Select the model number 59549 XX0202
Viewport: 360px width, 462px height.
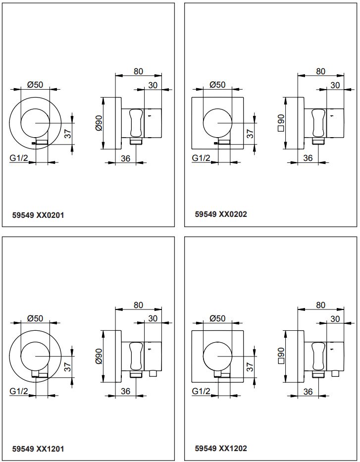[x=221, y=214]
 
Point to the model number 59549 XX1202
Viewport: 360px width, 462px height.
[x=221, y=448]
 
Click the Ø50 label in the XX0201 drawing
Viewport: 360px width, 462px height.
[x=35, y=85]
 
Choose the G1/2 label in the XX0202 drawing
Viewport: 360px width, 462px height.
[x=201, y=158]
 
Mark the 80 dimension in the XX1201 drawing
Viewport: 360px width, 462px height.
[x=138, y=305]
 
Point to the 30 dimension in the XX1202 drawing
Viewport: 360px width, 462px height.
[x=335, y=319]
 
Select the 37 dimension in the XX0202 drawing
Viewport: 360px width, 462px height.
[x=250, y=133]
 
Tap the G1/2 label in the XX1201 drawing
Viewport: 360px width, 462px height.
[x=18, y=392]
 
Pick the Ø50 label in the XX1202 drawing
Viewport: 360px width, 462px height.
[x=217, y=318]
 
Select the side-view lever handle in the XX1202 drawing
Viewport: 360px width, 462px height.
[x=317, y=357]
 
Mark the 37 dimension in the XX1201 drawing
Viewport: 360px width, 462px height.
[x=67, y=367]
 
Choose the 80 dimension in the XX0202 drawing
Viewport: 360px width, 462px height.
[x=320, y=71]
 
